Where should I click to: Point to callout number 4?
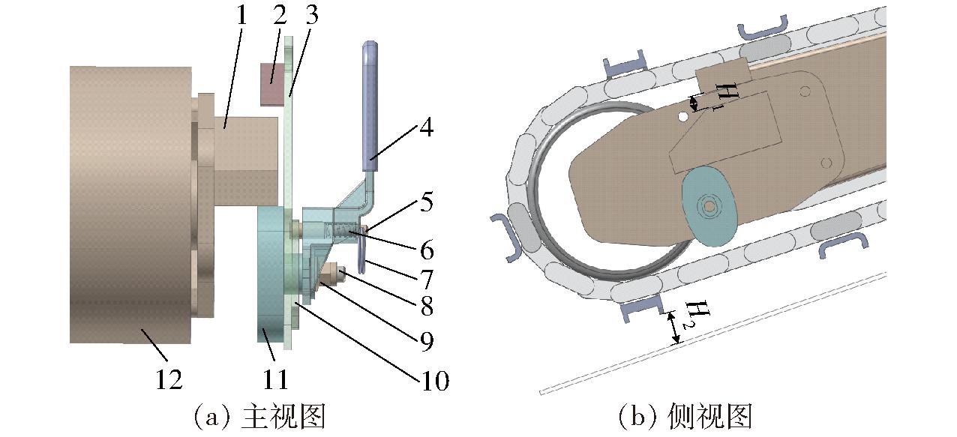tap(425, 129)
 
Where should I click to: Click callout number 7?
tap(425, 280)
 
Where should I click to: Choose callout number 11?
tap(276, 381)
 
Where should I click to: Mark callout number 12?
tap(169, 381)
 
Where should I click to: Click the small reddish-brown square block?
tap(274, 83)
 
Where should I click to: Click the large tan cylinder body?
tap(127, 202)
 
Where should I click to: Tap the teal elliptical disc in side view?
tap(709, 203)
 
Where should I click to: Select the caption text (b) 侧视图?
tap(685, 415)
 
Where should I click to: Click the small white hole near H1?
tap(682, 117)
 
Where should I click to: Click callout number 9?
tap(425, 341)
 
